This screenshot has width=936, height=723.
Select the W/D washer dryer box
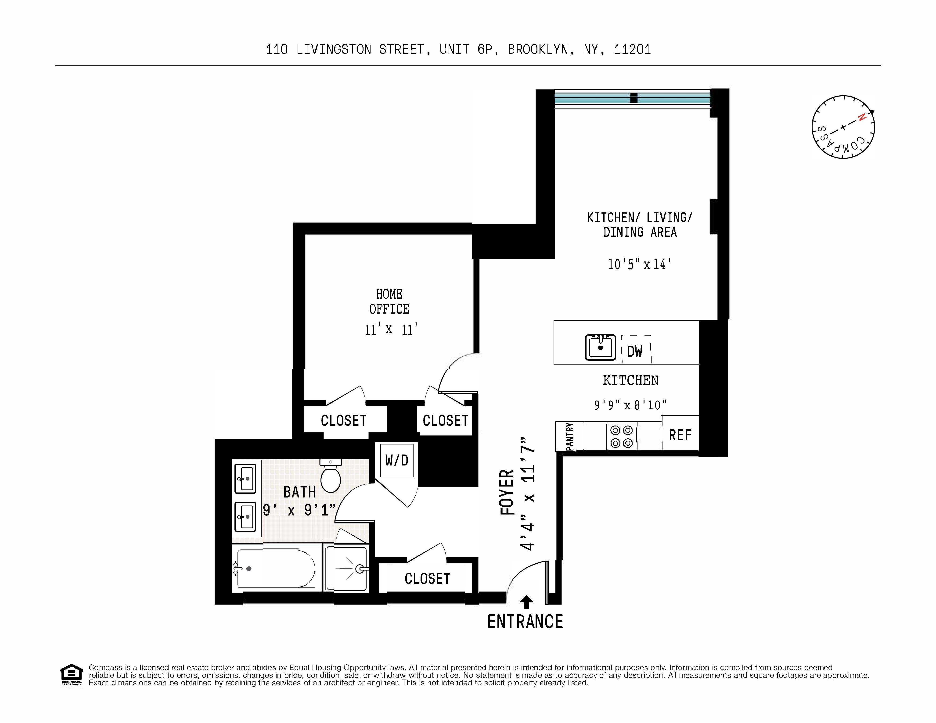click(x=396, y=460)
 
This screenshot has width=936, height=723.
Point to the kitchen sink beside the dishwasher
click(x=600, y=347)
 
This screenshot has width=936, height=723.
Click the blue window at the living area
click(x=633, y=98)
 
